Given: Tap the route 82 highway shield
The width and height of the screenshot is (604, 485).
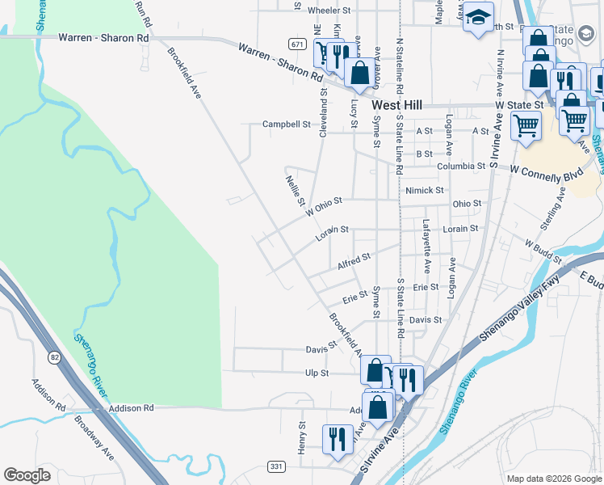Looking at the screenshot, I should [54, 356].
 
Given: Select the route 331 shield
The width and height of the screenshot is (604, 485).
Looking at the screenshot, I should [276, 466].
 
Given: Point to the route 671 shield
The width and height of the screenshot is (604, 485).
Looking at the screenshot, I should [298, 44].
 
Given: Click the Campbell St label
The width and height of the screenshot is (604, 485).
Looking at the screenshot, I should [287, 124].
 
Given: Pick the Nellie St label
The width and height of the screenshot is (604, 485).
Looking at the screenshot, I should [294, 189].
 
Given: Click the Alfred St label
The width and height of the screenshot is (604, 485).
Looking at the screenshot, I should [354, 260].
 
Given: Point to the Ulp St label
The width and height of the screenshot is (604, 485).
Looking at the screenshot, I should [317, 373].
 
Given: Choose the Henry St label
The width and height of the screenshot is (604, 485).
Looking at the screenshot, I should [303, 436].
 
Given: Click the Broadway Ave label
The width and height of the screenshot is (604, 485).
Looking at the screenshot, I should [94, 436].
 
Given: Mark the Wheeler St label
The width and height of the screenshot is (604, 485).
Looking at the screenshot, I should [329, 11].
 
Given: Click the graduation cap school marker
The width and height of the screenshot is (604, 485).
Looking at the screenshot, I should [478, 18].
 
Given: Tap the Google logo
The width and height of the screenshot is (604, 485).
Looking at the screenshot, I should [27, 475].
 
